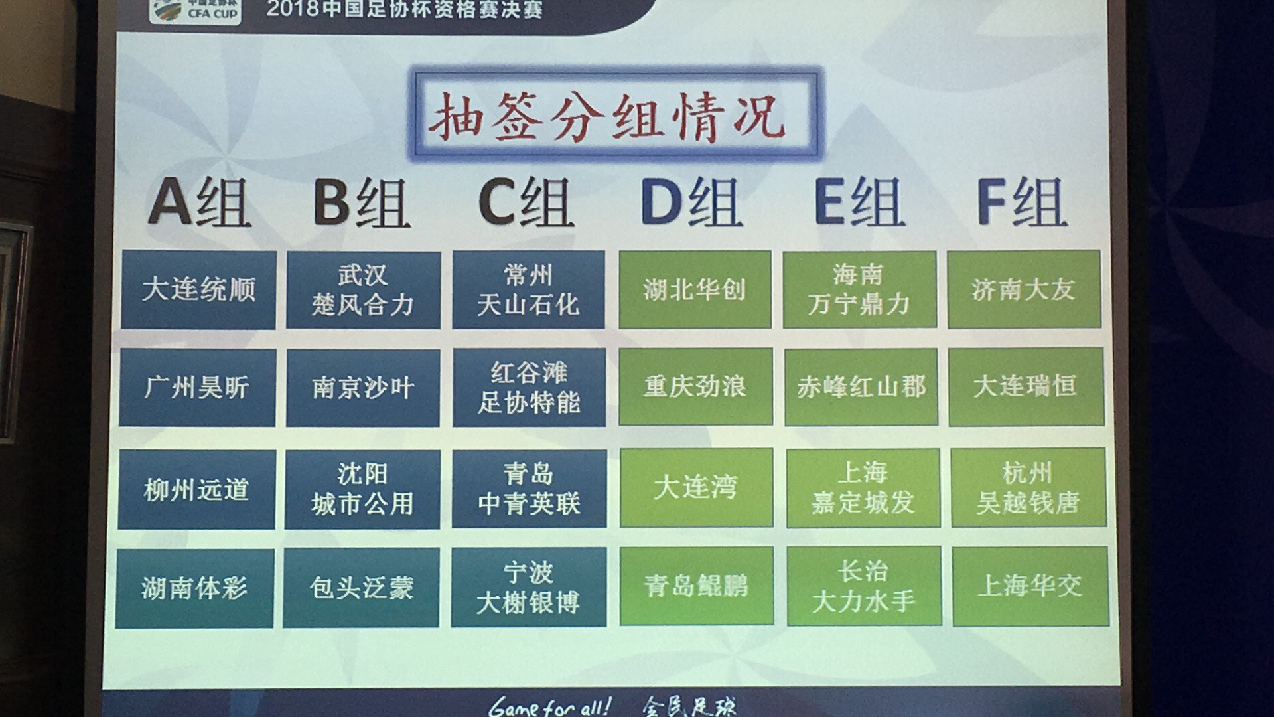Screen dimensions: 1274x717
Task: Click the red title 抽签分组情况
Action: coord(606,117)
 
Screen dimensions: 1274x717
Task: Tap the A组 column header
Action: coord(199,203)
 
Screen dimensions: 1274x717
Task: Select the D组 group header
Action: coord(691,202)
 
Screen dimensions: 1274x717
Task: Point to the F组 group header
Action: coord(1021,202)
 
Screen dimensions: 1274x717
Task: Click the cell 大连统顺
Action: coord(198,290)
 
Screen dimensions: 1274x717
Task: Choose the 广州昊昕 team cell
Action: coord(197,388)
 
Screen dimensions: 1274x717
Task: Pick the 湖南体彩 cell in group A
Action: coord(194,588)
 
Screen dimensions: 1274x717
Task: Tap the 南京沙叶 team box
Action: coord(363,388)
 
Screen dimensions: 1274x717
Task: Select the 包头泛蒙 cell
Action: coord(361,588)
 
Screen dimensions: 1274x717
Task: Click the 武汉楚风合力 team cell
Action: coord(364,290)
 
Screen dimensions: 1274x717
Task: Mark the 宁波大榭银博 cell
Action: coord(529,588)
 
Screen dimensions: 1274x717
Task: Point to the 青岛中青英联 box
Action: coord(529,489)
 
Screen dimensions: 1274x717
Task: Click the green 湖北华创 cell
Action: coord(695,289)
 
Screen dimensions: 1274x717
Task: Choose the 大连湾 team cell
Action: coord(696,488)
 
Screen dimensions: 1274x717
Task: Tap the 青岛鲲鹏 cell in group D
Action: coord(697,586)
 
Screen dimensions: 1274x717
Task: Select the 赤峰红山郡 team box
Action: coord(861,386)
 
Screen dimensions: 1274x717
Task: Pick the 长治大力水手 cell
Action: coord(864,586)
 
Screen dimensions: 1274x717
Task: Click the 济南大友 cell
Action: coord(1024,289)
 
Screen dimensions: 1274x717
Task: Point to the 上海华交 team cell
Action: coord(1030,586)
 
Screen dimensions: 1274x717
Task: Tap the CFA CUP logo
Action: coord(195,11)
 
